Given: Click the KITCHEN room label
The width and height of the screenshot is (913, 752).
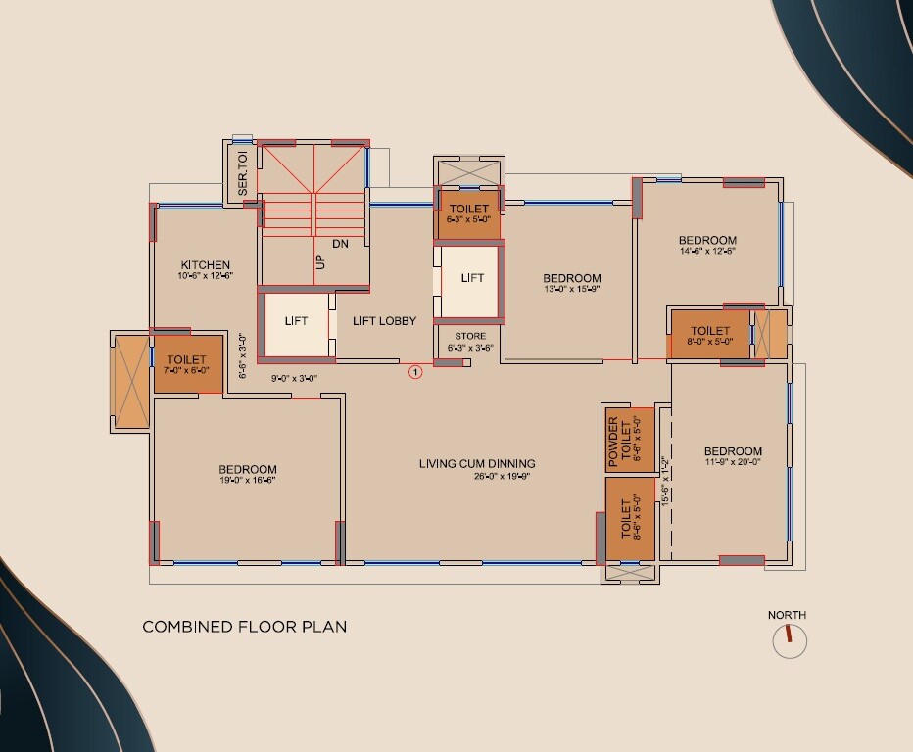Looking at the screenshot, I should (x=205, y=265).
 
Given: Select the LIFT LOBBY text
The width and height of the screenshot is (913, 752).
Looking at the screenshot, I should (x=384, y=321).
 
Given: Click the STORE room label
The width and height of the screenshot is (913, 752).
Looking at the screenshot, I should (x=469, y=336).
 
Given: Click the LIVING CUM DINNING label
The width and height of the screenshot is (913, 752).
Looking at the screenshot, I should (x=477, y=464).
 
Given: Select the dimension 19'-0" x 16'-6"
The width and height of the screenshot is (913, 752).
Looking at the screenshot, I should (x=247, y=481).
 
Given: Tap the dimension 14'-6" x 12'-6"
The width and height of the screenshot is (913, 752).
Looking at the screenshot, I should (x=707, y=251).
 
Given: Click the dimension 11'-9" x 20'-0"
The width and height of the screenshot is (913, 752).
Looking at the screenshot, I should (x=733, y=462).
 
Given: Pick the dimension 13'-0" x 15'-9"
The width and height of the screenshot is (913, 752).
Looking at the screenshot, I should (x=571, y=290).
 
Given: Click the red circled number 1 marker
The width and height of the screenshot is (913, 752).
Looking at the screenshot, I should (x=414, y=371).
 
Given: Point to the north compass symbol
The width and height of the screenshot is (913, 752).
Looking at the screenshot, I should (x=789, y=641).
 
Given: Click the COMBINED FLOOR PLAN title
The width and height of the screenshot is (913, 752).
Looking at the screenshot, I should (x=244, y=627).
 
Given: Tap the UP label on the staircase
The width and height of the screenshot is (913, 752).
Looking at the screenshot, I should (x=319, y=262).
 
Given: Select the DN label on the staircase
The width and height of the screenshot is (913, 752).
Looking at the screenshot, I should (x=340, y=243).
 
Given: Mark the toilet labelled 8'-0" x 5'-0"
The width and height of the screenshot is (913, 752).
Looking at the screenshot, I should (x=709, y=336).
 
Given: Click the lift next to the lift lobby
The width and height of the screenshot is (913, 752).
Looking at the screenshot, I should (x=296, y=322).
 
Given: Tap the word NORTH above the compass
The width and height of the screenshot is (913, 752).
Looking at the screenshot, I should (x=787, y=615).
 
